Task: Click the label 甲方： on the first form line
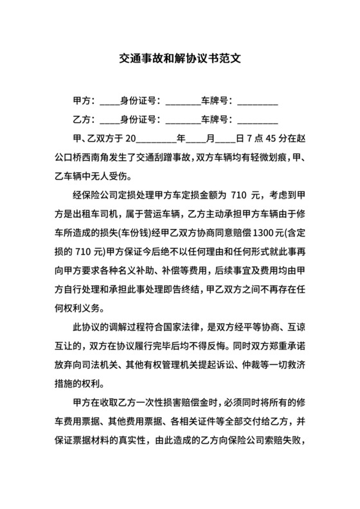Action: pos(85,102)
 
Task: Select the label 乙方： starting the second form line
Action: pos(85,120)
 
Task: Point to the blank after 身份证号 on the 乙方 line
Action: pos(183,121)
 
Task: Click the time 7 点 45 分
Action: pos(264,138)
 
